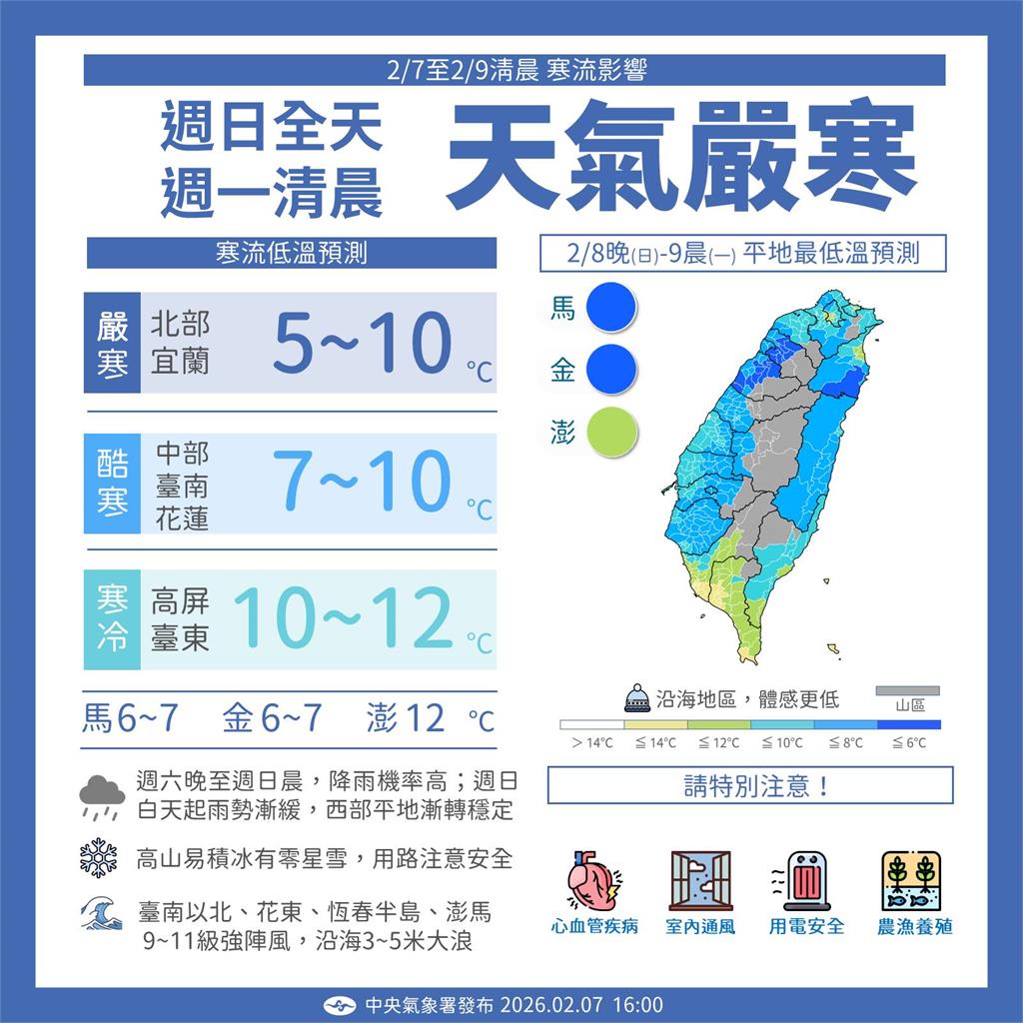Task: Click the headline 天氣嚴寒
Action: tap(682, 154)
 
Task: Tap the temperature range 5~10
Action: tap(363, 343)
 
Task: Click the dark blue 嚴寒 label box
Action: tap(112, 343)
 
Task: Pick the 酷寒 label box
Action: tap(112, 483)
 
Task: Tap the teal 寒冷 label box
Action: tap(112, 619)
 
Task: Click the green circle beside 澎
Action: tap(611, 433)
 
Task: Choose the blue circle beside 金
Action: tap(611, 370)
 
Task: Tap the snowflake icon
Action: tap(99, 858)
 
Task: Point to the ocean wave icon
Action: tap(100, 912)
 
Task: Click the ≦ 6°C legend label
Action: tap(909, 742)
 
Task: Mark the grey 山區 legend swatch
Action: tap(908, 690)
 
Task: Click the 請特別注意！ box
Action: tap(749, 785)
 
